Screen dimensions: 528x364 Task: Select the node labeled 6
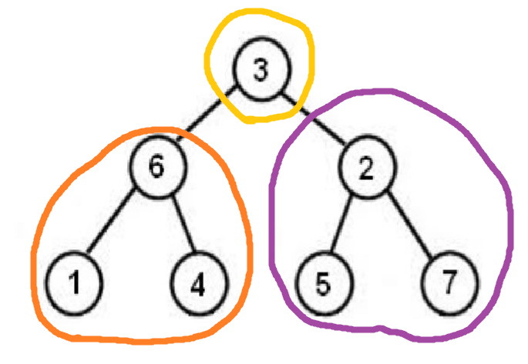pos(157,168)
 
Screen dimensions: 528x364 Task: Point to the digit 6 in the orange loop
pos(157,168)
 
